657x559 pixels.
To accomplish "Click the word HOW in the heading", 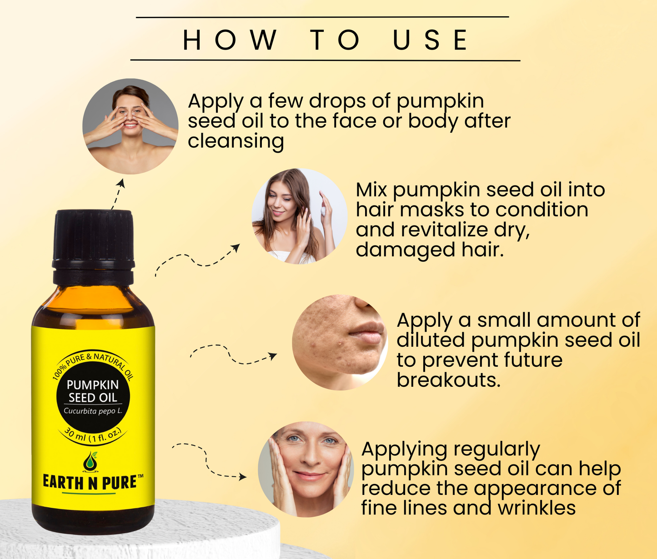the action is (x=230, y=40).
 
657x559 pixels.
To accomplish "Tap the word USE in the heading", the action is (x=430, y=40).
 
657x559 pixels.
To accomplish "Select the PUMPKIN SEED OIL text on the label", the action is (x=92, y=391).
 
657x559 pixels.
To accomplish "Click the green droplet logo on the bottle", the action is (x=90, y=462).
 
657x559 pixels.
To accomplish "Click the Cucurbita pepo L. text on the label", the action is (x=93, y=411).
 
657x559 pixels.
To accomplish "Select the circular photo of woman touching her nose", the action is (x=130, y=126).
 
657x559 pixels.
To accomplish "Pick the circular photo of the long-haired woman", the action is (x=300, y=216).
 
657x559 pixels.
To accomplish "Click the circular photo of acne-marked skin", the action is (x=340, y=342).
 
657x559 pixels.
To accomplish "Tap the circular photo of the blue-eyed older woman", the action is (x=306, y=469).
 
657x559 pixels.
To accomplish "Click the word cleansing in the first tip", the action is (x=236, y=141).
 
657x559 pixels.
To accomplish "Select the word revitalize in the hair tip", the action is (x=444, y=230).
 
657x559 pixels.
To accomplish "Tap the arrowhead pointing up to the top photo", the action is (x=120, y=183).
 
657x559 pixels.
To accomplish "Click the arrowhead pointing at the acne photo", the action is (x=273, y=356).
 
